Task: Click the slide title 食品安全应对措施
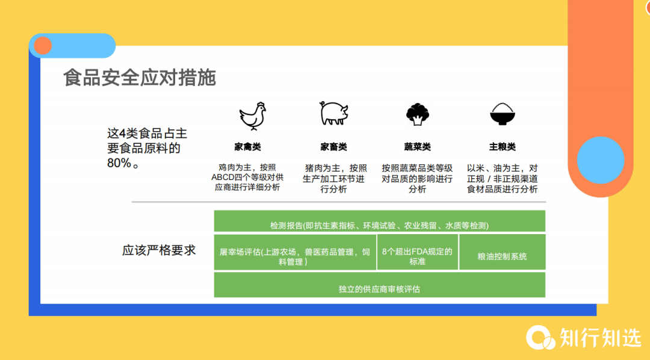click(140, 78)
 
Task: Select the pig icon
click(333, 113)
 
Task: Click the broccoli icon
click(416, 114)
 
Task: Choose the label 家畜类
click(333, 147)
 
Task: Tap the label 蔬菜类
click(416, 147)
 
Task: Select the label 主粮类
click(502, 147)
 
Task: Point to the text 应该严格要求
click(159, 250)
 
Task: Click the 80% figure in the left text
click(119, 163)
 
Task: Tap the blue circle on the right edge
click(600, 160)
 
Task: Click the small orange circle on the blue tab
click(43, 46)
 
